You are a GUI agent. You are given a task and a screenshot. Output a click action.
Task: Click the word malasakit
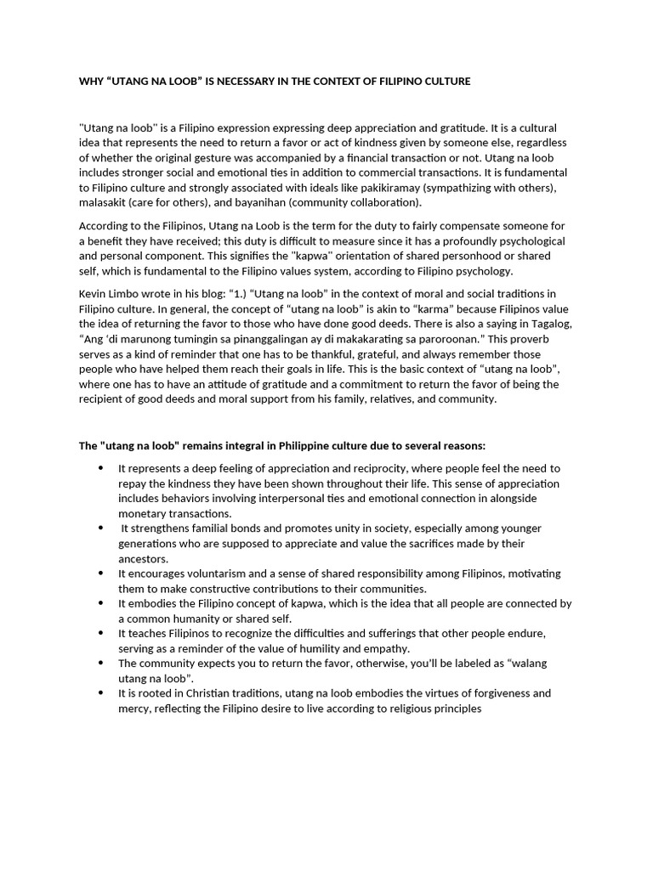pos(105,202)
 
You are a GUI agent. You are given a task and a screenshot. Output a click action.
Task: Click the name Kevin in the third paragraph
pos(93,293)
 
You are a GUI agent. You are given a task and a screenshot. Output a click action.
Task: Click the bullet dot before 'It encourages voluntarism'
pos(102,573)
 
